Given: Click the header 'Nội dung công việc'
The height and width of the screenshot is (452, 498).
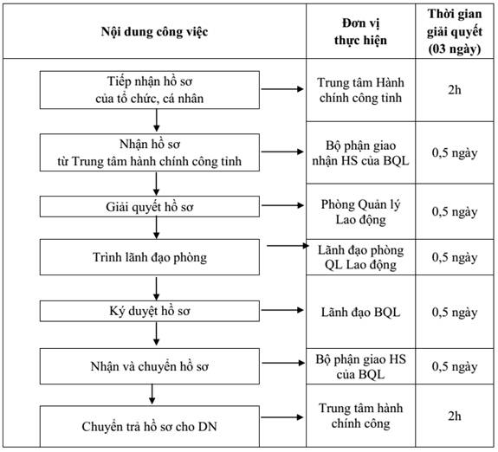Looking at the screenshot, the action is point(154,32).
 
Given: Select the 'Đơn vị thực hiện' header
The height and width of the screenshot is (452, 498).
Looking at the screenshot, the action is point(360,32).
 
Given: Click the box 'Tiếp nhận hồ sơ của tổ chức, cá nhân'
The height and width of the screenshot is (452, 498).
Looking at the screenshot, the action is point(150,90).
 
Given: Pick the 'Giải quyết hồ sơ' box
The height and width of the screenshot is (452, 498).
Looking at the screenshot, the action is point(150,206).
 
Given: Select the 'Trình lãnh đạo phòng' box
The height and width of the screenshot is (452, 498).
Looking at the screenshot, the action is point(150,257).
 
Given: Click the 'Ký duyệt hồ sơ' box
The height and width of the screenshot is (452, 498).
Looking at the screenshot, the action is point(150,311).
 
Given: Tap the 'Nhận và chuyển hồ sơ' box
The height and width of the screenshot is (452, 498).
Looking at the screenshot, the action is point(150,366).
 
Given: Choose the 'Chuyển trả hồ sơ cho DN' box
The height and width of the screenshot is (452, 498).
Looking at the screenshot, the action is point(150,426).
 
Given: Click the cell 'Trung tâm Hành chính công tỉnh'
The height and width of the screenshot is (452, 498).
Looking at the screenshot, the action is point(360,90).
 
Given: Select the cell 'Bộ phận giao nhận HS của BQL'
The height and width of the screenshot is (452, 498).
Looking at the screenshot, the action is point(360,152).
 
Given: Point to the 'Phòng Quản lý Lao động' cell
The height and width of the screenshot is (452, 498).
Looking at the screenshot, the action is point(360,211).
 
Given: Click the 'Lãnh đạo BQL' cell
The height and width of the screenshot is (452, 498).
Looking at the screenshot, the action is point(360,313).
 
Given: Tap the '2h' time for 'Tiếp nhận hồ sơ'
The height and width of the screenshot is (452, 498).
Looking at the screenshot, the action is point(455,90).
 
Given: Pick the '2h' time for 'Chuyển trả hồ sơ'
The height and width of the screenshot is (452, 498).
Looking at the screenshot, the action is point(455,416).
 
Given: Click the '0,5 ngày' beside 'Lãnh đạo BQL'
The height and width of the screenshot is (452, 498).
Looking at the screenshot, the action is point(455,313).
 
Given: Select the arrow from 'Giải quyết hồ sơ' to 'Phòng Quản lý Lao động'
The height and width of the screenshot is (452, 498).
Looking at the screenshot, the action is point(282,205).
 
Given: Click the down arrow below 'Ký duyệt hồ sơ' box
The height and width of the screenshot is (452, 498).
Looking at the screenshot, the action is point(156,333).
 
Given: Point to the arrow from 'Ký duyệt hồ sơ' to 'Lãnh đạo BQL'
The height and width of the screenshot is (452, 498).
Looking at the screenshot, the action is point(282,310).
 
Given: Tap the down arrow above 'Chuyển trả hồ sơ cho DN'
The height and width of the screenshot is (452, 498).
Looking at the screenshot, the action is point(152,394).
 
